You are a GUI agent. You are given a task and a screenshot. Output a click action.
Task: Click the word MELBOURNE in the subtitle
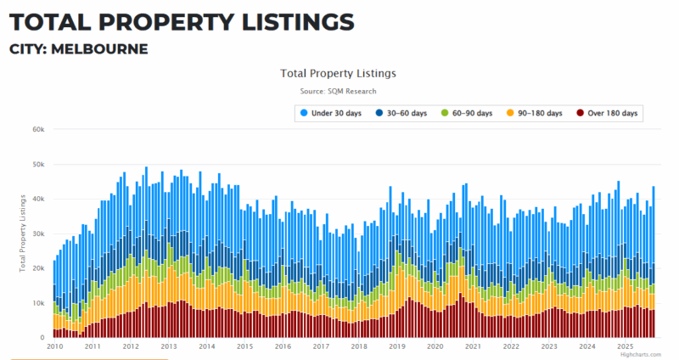(x=99, y=48)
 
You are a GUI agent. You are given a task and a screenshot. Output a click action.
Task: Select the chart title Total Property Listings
(x=338, y=73)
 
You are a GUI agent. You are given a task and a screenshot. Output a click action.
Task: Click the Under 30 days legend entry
(x=336, y=113)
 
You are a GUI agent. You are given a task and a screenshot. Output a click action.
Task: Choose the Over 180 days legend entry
(x=606, y=113)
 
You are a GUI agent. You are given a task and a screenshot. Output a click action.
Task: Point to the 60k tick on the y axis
(x=38, y=130)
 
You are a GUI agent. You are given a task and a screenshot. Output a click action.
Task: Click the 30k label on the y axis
(x=38, y=233)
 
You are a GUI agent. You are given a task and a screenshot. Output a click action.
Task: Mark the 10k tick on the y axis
(x=38, y=303)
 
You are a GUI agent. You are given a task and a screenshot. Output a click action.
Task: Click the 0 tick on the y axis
(x=42, y=337)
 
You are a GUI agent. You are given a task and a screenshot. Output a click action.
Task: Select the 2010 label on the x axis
(x=54, y=346)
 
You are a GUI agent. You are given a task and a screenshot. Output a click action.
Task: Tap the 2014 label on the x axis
(x=206, y=346)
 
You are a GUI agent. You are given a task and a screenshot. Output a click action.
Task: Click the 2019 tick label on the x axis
(x=397, y=346)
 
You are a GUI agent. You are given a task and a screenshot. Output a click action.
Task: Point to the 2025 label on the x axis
(x=626, y=346)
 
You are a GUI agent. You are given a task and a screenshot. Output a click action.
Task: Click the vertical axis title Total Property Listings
(x=23, y=234)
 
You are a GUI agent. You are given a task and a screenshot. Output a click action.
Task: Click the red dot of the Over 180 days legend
(x=579, y=113)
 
